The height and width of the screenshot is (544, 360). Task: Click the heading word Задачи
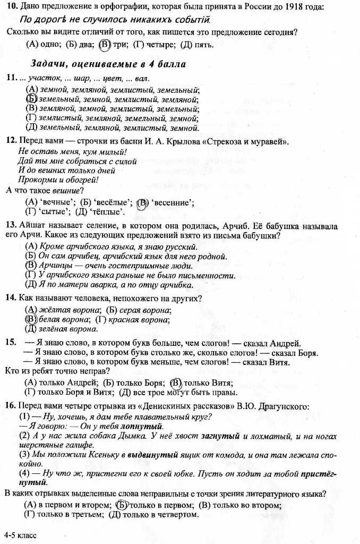49,64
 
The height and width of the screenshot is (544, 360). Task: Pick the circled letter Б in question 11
31,99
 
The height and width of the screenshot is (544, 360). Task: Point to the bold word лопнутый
142,426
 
